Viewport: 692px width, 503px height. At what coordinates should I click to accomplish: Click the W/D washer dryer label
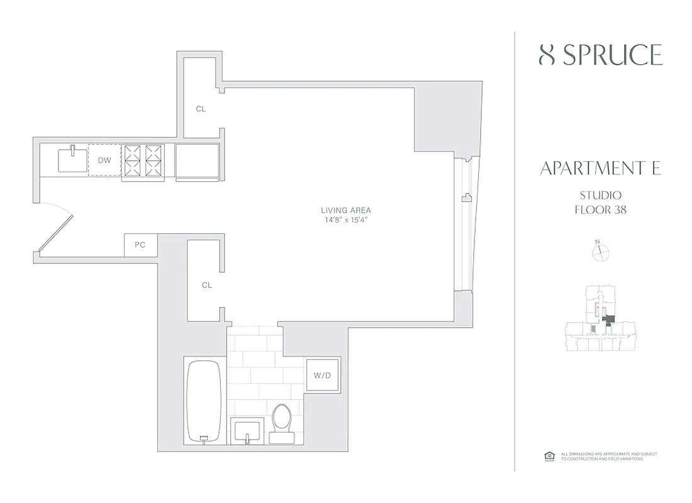322,375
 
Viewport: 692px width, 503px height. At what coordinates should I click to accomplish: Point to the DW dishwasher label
104,160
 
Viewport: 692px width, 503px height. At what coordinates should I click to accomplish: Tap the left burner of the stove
134,160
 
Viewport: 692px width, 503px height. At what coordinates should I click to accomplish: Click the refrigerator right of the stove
197,162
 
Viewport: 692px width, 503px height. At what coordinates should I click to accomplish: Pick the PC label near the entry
140,245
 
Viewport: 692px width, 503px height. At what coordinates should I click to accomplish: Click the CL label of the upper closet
201,109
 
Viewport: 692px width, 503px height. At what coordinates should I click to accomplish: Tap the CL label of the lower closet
207,285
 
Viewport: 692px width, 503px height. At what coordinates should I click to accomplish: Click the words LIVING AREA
342,211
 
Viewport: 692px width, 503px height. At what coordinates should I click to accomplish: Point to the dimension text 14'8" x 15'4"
342,221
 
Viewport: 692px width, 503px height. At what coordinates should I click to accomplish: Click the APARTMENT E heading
600,169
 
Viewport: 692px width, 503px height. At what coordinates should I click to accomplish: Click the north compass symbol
601,251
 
